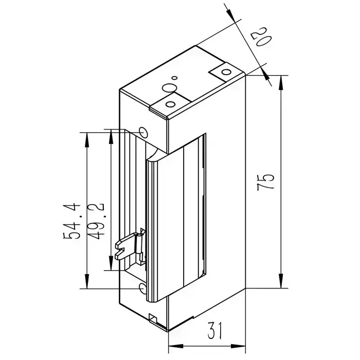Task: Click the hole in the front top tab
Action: [168, 104]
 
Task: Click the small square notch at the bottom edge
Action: [152, 318]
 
